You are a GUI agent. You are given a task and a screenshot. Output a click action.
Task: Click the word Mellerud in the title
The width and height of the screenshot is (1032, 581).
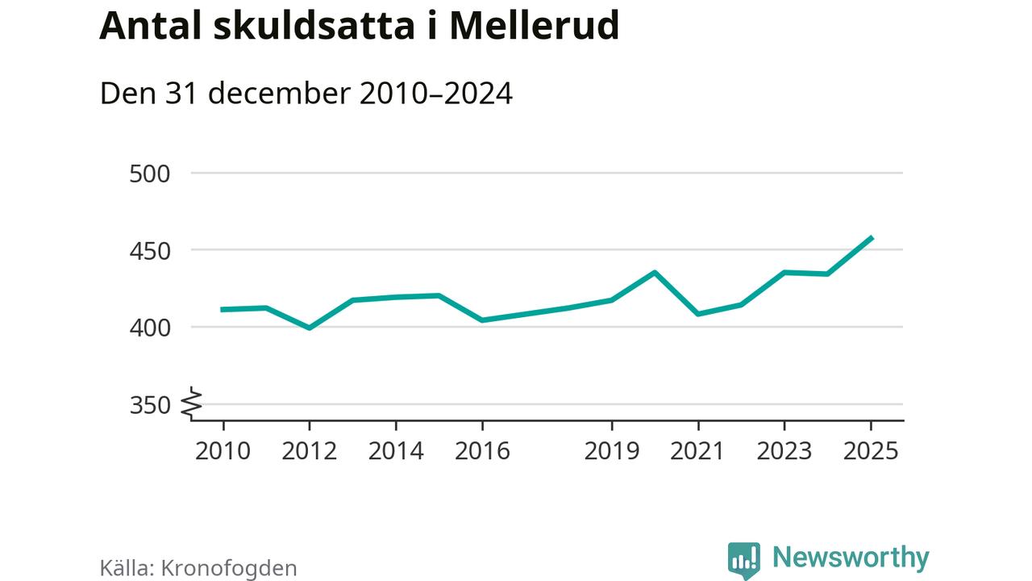(534, 26)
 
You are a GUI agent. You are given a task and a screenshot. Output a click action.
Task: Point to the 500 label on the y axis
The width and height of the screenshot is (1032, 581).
(150, 173)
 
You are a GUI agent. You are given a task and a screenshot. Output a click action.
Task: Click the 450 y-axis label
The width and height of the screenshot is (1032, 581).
(150, 251)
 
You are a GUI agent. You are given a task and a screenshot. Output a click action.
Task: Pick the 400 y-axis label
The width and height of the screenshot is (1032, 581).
(150, 328)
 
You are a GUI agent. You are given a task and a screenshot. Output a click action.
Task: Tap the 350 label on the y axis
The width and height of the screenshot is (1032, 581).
(150, 405)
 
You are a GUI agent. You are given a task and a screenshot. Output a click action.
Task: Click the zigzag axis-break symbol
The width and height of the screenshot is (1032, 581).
(192, 403)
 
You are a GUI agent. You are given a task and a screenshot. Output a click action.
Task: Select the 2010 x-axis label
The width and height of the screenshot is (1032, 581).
(223, 450)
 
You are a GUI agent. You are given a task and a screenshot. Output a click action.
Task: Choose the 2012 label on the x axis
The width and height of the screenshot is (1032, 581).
(309, 450)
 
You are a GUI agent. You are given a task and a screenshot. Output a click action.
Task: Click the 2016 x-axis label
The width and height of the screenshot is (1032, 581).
(482, 450)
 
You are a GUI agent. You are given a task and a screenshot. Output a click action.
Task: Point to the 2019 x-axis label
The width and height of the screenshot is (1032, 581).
(611, 450)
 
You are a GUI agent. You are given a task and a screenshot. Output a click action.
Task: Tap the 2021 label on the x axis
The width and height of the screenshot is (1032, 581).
(698, 450)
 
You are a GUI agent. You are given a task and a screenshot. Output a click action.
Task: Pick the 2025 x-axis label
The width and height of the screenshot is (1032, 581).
(870, 450)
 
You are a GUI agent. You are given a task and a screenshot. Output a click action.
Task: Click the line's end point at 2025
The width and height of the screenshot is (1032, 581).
(871, 238)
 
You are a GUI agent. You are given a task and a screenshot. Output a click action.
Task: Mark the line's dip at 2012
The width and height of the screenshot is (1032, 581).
(309, 328)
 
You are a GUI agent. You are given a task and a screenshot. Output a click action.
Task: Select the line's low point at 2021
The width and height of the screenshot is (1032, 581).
(698, 314)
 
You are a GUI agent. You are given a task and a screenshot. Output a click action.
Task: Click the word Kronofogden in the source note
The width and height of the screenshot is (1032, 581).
(229, 568)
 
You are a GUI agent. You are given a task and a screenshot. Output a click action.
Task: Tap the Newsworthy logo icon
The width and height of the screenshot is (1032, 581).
(743, 559)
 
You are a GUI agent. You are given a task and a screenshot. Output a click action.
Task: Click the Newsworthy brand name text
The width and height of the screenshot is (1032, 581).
(851, 558)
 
